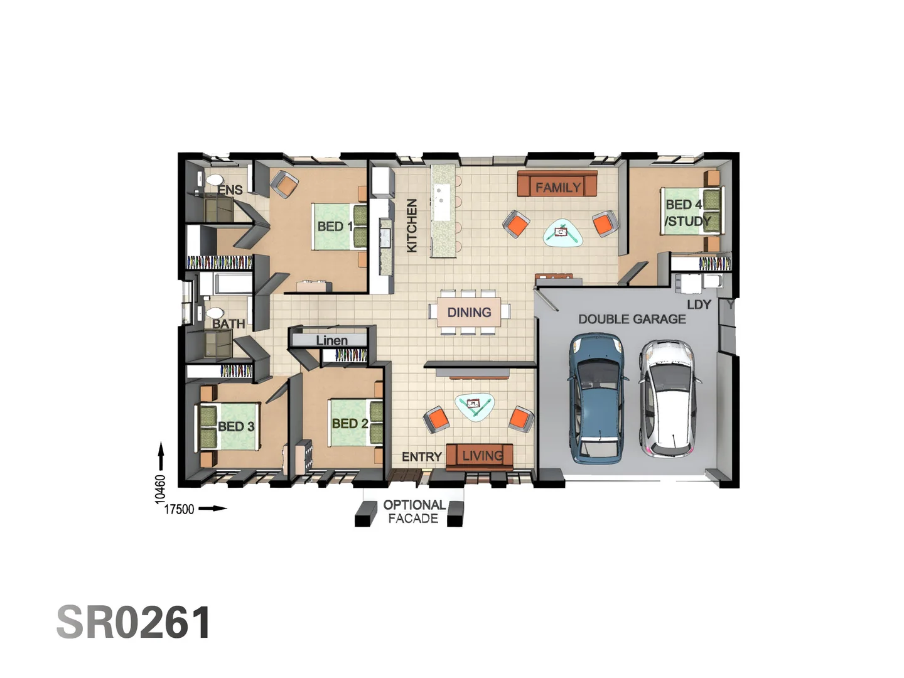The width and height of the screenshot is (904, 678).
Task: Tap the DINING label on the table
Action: click(x=469, y=312)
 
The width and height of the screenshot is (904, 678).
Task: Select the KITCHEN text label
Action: click(x=412, y=225)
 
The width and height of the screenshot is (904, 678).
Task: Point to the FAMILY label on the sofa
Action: click(x=557, y=187)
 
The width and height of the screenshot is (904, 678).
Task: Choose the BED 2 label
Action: click(x=350, y=424)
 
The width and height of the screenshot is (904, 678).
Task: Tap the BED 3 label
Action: click(x=236, y=426)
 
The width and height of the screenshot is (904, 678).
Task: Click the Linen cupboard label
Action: click(x=331, y=340)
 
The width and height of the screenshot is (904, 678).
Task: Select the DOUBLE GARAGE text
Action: click(x=632, y=319)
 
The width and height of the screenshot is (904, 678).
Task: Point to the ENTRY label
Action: click(x=421, y=456)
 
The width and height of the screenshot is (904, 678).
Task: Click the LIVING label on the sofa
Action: click(x=482, y=455)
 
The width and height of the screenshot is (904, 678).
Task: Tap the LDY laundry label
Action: click(x=699, y=304)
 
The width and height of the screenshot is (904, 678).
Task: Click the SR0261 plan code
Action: click(x=134, y=622)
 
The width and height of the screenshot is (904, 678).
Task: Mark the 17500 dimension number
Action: click(x=179, y=509)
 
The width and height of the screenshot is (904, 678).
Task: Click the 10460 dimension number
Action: click(x=160, y=488)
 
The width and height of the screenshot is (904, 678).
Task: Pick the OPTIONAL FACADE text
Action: click(x=414, y=512)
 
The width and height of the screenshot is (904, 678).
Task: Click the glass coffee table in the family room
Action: click(x=561, y=233)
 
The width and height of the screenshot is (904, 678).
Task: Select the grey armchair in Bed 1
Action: click(x=284, y=183)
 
